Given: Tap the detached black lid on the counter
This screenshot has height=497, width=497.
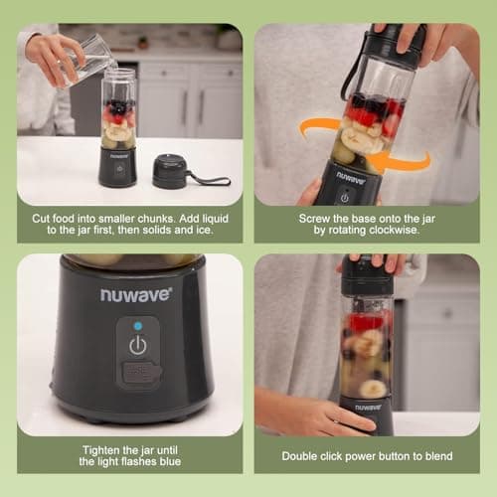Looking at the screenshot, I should [x=172, y=171].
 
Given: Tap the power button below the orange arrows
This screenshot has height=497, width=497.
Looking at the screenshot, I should [x=345, y=196].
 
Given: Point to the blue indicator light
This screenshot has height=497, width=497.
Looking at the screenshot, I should [x=137, y=324].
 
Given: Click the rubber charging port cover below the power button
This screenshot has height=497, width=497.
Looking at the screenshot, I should [x=138, y=375].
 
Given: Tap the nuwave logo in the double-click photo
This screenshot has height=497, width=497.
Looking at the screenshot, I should [x=368, y=406].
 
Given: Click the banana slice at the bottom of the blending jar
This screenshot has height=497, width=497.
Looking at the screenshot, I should [x=374, y=388].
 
